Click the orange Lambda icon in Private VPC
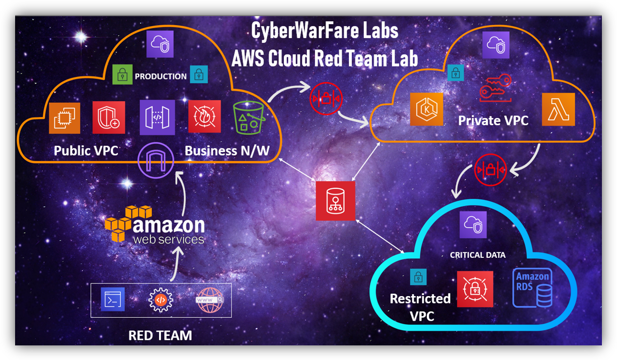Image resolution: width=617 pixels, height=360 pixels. coord(559,109)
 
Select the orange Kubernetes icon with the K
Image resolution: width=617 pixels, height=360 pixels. coord(427,109)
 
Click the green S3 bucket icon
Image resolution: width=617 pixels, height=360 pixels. coord(250,117)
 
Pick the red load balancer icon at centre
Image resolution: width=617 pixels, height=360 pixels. coord(335,201)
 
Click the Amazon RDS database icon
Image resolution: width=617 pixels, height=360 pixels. coord(532,287)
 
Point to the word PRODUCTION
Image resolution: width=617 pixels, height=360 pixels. coord(161,77)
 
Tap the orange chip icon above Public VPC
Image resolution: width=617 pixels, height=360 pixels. coord(64,118)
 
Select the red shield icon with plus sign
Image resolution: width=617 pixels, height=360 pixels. coord(109,117)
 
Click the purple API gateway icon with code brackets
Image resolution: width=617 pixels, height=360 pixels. coord(158,117)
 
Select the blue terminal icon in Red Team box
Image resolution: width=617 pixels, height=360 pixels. coord(113,300)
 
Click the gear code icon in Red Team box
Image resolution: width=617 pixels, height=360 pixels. coord(161,300)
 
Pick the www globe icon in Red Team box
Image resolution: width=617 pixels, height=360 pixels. coord(209,300)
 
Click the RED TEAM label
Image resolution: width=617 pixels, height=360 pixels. coord(160,335)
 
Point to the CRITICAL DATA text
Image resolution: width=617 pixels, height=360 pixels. coord(478,255)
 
